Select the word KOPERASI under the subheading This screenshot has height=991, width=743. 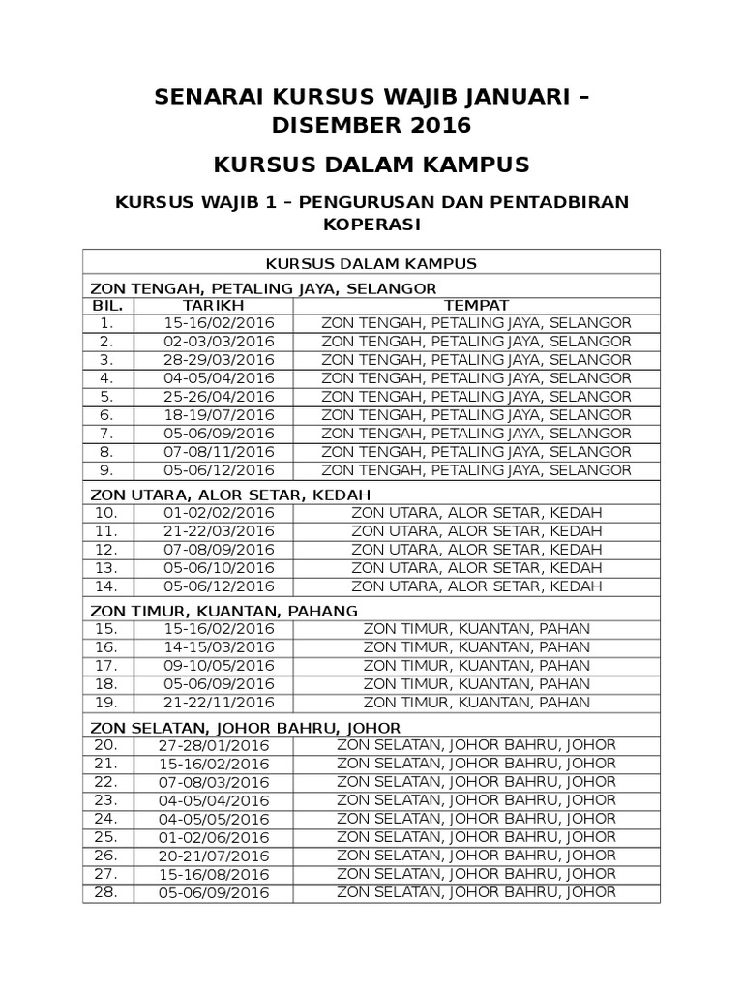371,225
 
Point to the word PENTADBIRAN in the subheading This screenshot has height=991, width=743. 561,201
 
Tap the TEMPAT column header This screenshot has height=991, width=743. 476,305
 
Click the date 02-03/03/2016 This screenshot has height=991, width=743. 220,342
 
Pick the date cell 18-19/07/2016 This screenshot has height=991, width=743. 220,415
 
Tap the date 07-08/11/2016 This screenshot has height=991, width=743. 220,452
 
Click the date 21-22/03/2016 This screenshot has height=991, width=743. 220,531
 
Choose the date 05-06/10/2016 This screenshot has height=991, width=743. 220,568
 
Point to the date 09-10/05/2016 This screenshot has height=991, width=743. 220,666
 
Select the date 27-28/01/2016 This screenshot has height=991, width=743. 214,745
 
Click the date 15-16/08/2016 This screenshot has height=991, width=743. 214,874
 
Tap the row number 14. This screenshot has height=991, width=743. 106,586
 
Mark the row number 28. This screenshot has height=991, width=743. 106,892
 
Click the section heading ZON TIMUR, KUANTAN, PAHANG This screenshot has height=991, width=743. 224,611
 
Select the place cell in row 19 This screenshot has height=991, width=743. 477,703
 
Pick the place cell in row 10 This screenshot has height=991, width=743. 477,513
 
